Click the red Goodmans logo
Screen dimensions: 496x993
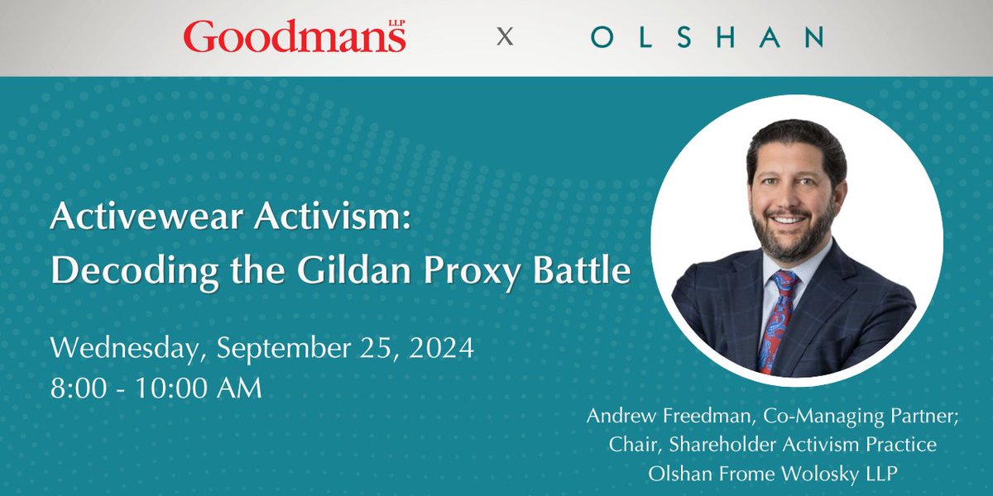click(294, 38)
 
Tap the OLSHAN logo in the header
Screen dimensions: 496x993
click(707, 37)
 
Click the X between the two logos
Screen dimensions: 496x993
click(504, 37)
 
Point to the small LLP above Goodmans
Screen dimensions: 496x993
click(395, 22)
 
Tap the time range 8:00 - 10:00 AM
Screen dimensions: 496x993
click(156, 386)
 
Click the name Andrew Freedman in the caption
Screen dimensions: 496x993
click(654, 417)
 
